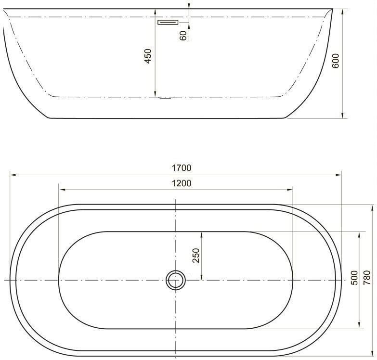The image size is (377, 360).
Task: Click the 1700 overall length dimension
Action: point(181,168)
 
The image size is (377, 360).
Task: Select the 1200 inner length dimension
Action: point(181,183)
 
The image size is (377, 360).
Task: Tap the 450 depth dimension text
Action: point(148,56)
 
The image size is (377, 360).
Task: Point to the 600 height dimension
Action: point(336,61)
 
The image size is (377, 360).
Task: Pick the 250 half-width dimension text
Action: point(195,256)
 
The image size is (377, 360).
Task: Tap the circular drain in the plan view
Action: point(176,279)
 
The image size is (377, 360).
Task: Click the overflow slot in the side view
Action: point(168,22)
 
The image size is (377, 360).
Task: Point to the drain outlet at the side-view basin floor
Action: point(164,98)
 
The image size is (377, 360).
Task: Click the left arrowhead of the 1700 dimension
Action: point(12,175)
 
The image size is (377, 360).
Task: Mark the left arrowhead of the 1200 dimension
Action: point(60,189)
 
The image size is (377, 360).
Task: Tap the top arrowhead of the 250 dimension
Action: point(201,233)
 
